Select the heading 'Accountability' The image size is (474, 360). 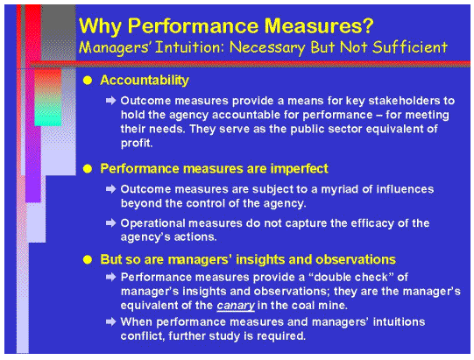(145, 81)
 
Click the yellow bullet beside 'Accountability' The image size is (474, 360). (87, 81)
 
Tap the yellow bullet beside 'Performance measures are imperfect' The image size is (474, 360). (87, 166)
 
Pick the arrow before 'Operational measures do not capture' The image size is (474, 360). (111, 223)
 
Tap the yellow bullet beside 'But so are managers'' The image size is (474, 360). (87, 260)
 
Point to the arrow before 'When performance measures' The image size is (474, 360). (111, 322)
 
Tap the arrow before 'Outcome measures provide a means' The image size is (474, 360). (111, 102)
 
